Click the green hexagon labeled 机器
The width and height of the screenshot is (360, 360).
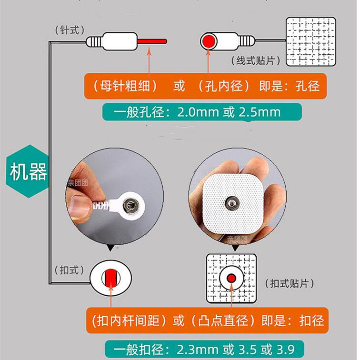[x=28, y=171]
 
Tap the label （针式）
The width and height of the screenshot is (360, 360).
[x=70, y=30]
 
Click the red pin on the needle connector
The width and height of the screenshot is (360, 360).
[x=152, y=41]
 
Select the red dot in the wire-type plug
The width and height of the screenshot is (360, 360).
[x=209, y=41]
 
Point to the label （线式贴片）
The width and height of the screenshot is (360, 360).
[x=256, y=60]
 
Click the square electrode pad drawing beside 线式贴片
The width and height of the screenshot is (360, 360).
[x=311, y=41]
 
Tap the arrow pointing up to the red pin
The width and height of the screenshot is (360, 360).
[x=149, y=61]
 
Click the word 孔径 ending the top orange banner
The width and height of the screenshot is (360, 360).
[x=308, y=86]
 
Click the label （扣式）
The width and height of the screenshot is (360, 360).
[x=70, y=270]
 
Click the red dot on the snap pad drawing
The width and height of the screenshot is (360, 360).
[x=231, y=278]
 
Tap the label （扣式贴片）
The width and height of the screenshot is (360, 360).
[x=290, y=283]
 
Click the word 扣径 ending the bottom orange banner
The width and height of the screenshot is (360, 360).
[x=311, y=320]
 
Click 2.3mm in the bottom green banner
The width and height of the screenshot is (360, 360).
[x=198, y=350]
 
